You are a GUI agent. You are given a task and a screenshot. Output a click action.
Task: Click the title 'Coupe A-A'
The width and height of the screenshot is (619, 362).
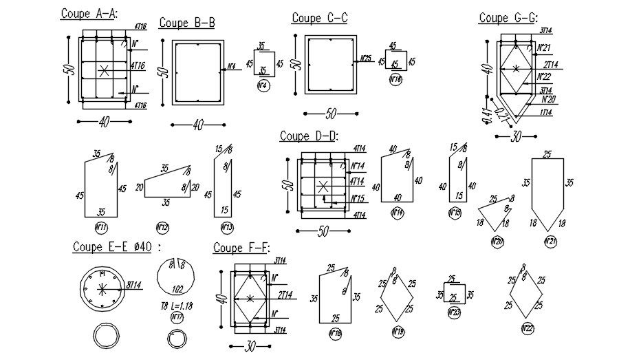[x=89, y=14]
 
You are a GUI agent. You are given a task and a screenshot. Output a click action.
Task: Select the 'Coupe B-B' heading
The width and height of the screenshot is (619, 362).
[x=187, y=23]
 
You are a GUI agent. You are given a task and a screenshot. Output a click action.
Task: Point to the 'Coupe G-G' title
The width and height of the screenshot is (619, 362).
[x=508, y=18]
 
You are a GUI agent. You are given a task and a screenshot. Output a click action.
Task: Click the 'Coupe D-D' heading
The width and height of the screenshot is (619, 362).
[x=309, y=136]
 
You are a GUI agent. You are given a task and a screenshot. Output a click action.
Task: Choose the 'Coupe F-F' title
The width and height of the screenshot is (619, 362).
[x=241, y=248]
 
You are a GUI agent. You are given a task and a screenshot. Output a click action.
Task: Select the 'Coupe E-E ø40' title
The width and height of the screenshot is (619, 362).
[x=116, y=247]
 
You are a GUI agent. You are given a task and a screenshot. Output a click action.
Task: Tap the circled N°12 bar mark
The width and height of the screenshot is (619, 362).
[x=162, y=227]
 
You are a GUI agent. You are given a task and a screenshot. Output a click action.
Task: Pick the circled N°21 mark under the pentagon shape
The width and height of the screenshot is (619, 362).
[x=550, y=242]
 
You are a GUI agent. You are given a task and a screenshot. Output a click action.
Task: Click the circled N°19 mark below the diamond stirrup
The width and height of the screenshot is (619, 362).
[x=398, y=332]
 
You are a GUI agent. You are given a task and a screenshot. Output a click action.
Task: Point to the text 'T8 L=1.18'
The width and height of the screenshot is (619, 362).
[x=177, y=307]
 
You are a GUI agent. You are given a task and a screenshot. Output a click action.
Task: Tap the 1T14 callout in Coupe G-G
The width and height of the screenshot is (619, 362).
[x=546, y=112]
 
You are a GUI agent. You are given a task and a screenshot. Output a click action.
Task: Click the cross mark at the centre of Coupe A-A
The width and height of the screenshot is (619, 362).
[x=104, y=70]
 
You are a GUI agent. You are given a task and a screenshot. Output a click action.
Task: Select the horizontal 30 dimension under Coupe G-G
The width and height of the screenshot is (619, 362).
[x=516, y=137]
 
